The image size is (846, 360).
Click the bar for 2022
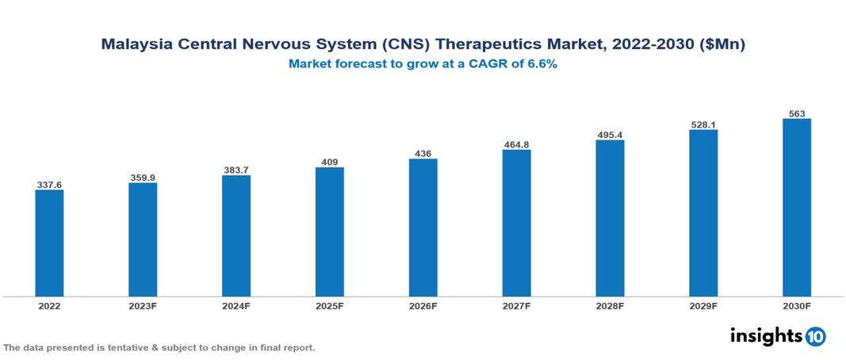click(x=49, y=243)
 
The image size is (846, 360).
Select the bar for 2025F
click(x=329, y=232)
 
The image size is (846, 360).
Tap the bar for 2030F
click(x=796, y=208)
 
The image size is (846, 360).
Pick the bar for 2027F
click(x=516, y=223)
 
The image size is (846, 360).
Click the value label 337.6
click(x=49, y=185)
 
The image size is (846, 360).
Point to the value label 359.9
click(x=143, y=178)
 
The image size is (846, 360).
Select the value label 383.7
click(x=236, y=170)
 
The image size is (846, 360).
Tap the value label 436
click(x=423, y=153)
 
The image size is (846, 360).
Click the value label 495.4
click(x=610, y=135)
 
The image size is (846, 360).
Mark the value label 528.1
click(x=703, y=124)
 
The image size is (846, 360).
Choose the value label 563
click(x=796, y=113)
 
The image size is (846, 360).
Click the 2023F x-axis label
click(x=143, y=306)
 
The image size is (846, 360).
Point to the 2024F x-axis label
click(x=236, y=306)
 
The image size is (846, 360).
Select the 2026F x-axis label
click(x=423, y=306)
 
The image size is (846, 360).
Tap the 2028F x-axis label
click(x=610, y=306)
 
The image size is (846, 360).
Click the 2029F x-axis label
click(x=703, y=306)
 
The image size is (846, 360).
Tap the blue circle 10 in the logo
click(x=816, y=336)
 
